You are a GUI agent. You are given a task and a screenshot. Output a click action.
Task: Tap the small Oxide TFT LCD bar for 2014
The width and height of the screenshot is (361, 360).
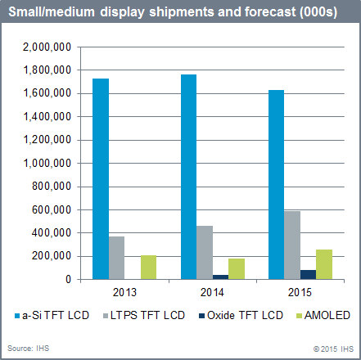coord(221,277)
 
